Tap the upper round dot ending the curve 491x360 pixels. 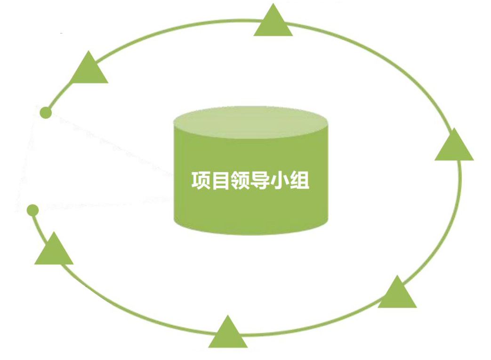(46, 113)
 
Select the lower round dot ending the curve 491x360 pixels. (32, 210)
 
